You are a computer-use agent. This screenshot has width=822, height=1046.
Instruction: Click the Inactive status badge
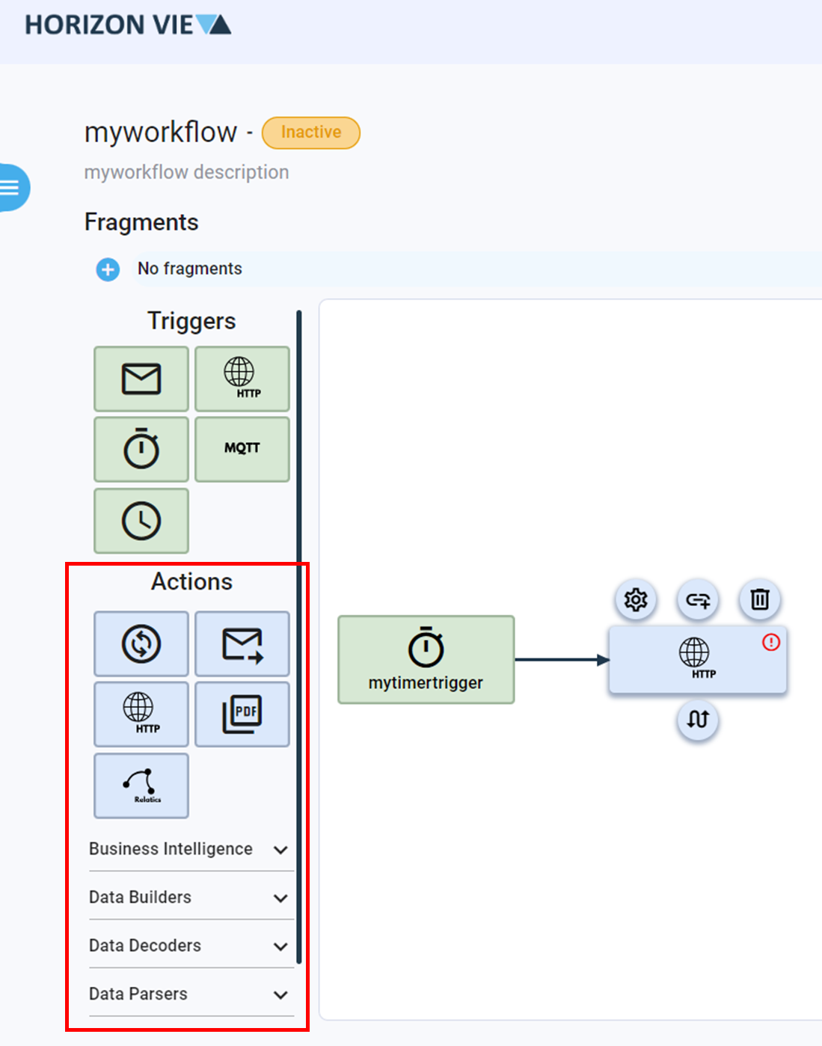[x=310, y=132]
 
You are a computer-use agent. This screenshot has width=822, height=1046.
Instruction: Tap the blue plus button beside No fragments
[x=108, y=269]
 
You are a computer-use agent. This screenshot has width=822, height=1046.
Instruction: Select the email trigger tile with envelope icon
[x=141, y=379]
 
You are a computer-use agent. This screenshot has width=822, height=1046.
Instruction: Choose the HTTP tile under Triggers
[x=242, y=379]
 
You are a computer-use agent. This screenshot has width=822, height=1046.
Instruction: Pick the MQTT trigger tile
[x=242, y=449]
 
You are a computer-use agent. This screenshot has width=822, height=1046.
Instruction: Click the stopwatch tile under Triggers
[x=141, y=449]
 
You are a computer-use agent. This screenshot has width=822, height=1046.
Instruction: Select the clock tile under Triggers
[x=141, y=521]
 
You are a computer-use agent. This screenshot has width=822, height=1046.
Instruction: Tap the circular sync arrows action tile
[x=141, y=643]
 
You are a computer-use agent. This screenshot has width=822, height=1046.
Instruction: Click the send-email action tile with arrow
[x=242, y=643]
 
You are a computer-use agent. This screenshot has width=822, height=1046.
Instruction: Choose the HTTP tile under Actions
[x=141, y=714]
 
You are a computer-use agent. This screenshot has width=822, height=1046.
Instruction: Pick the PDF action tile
[x=242, y=714]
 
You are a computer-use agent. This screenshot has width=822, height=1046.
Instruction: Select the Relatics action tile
[x=141, y=786]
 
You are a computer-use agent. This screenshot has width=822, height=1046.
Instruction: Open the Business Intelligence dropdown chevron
[x=280, y=850]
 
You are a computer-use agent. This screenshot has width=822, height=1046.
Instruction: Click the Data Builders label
[x=140, y=897]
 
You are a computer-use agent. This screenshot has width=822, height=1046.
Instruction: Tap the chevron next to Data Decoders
[x=280, y=946]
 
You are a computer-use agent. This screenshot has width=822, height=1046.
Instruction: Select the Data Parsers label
[x=138, y=994]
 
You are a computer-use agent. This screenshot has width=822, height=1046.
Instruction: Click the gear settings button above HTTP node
[x=636, y=599]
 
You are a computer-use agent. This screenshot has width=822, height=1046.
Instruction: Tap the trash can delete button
[x=760, y=599]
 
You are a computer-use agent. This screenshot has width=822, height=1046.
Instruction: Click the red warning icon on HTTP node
[x=771, y=642]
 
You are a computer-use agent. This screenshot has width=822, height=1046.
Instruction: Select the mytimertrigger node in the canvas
[x=426, y=660]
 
